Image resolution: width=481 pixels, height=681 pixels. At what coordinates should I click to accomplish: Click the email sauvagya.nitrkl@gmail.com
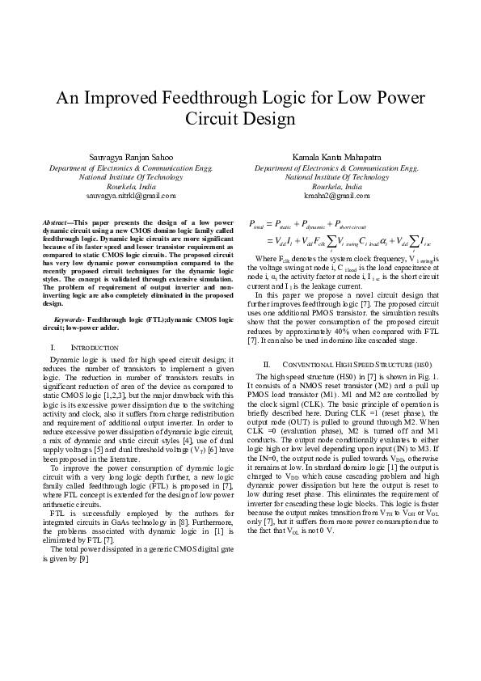point(131,195)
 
